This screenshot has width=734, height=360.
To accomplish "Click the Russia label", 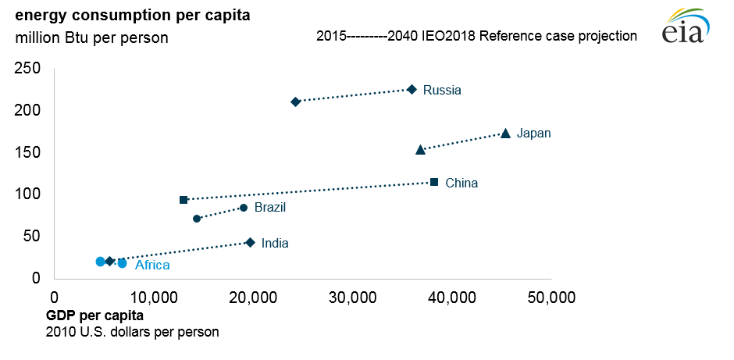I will click(442, 90).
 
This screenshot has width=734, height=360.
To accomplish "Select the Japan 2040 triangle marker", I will click(505, 134).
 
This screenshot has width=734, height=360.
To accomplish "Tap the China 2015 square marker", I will click(183, 200).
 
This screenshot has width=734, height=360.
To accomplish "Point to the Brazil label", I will click(270, 208).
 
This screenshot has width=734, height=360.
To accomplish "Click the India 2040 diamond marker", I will click(250, 243).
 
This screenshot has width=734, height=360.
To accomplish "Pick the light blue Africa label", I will click(152, 266).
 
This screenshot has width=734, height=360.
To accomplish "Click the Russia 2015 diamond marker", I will click(295, 102).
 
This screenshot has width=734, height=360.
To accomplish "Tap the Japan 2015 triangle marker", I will click(420, 149).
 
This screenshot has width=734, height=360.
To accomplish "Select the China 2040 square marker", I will click(434, 182).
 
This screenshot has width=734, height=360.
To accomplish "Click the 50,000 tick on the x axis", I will click(551, 298).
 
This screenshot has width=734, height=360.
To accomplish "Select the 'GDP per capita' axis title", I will click(95, 315).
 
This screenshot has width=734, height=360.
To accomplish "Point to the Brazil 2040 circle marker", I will click(244, 208).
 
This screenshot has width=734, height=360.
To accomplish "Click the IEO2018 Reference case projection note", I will click(476, 36).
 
